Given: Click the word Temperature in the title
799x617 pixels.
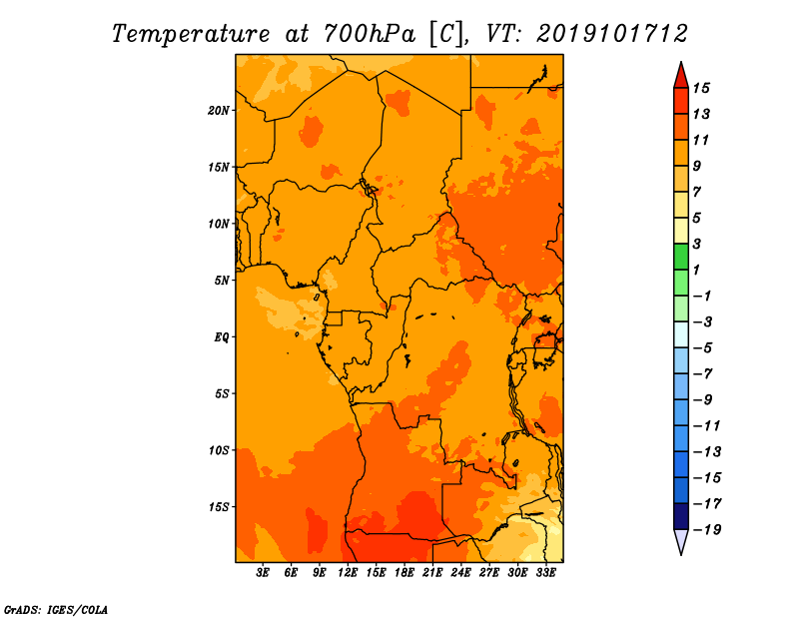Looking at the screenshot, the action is coord(191,34).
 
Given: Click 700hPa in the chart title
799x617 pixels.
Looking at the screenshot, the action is coord(369,34).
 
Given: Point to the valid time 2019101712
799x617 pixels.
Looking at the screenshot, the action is coord(612,34).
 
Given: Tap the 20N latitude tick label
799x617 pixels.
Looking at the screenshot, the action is coord(218,111).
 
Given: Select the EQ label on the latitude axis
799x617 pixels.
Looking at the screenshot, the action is coord(221,337).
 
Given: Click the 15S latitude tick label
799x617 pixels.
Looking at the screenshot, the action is coord(218,507).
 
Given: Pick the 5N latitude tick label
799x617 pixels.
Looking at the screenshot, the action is coord(221,281).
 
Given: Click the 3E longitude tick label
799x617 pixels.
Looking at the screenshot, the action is coord(263,572).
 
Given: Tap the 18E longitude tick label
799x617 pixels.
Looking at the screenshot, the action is coord(404,572).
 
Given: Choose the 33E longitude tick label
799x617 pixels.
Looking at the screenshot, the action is coord(545,572).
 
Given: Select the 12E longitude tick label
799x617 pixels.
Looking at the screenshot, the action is coord(348,572).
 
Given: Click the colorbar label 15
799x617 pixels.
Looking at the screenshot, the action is coord(701,88).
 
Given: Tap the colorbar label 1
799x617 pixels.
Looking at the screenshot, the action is coord(696,270).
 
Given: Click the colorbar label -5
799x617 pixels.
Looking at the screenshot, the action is coord(704,348).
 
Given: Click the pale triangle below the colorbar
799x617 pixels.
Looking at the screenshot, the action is coord(681,539).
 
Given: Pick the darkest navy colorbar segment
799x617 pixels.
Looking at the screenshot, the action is coord(681,516).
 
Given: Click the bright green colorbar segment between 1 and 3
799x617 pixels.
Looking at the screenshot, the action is coord(681,257).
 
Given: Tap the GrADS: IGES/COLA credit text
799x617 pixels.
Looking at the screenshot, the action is coord(56,609).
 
